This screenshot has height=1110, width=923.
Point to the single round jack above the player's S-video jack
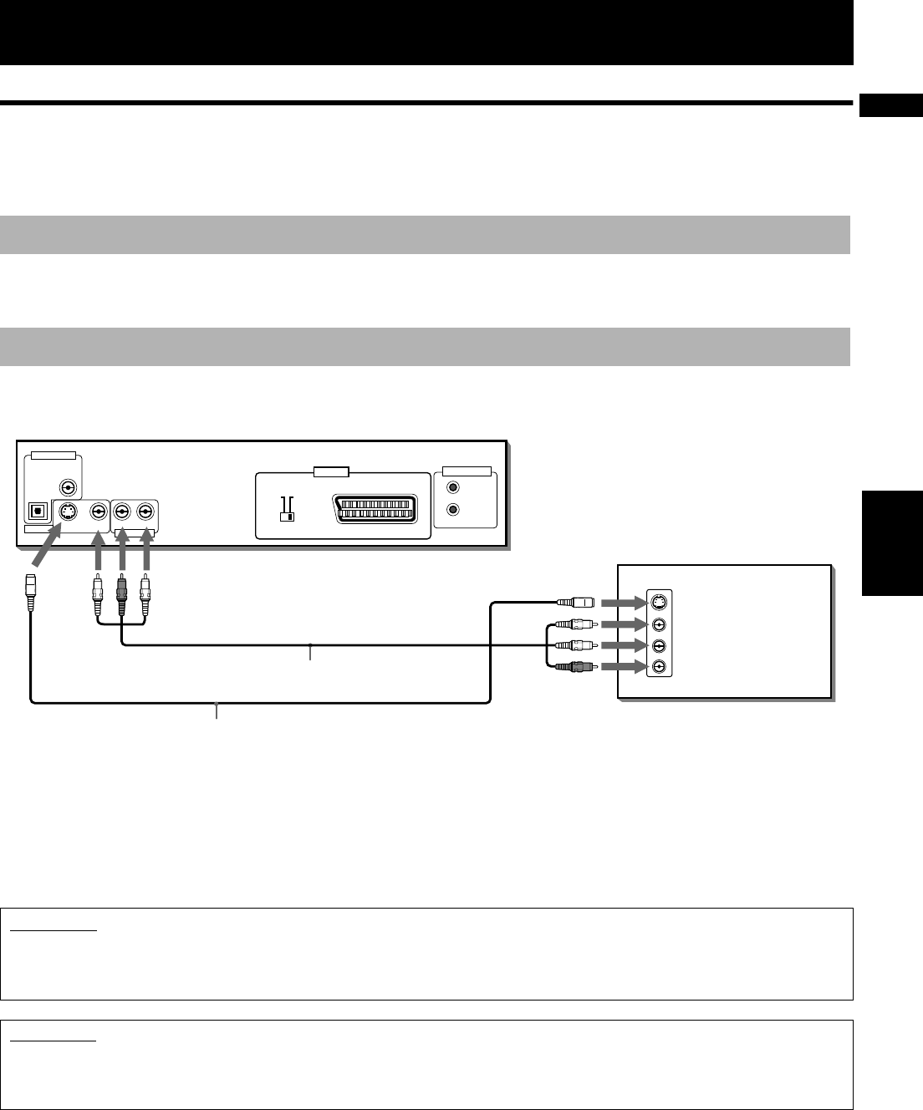click(66, 488)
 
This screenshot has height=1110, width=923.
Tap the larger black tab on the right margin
click(890, 543)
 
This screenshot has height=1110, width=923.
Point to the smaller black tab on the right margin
click(890, 106)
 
